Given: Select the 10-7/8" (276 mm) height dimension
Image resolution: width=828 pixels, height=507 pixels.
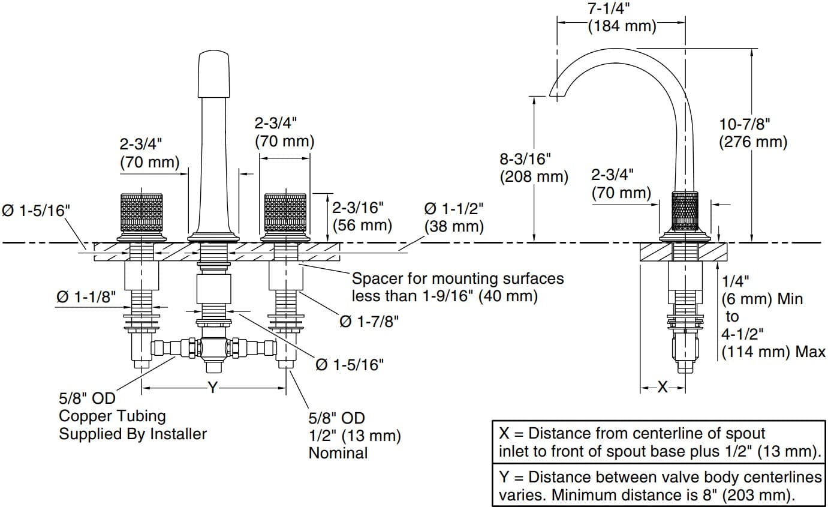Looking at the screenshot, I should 752,133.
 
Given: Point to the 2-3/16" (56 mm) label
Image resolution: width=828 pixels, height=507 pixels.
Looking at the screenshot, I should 362,216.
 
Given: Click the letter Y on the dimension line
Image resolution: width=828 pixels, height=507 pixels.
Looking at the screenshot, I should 213,388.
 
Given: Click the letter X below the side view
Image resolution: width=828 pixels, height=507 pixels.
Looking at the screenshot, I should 663,388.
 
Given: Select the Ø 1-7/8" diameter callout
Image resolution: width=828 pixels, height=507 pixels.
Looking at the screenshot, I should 369,322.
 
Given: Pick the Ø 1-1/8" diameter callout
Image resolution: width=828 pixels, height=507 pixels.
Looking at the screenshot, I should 86,297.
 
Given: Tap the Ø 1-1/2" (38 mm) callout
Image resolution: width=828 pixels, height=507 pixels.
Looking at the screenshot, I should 453,217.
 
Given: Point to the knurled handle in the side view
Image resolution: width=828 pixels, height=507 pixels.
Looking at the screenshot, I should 686,211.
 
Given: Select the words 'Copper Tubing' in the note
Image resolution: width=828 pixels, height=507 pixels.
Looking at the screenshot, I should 112,416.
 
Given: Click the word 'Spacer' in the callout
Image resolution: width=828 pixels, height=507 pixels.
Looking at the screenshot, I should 374,279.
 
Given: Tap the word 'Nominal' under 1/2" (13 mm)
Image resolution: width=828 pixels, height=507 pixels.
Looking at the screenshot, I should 338,452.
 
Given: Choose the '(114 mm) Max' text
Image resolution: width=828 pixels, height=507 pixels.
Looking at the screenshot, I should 773,352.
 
